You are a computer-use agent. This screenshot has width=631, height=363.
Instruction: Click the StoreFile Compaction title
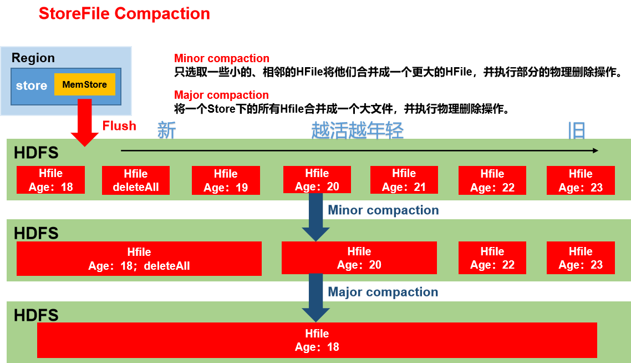pyautogui.click(x=124, y=14)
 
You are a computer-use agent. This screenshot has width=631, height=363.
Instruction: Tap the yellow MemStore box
pyautogui.click(x=84, y=84)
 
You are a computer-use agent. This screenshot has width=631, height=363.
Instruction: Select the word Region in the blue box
pyautogui.click(x=33, y=58)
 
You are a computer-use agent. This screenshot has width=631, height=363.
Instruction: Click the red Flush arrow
pyautogui.click(x=84, y=123)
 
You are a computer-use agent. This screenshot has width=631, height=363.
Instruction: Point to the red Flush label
pyautogui.click(x=119, y=125)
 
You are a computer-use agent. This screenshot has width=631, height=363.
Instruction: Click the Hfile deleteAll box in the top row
pyautogui.click(x=136, y=180)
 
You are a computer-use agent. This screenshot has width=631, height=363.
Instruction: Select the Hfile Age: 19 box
pyautogui.click(x=226, y=180)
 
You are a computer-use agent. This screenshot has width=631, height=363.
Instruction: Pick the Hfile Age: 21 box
pyautogui.click(x=404, y=180)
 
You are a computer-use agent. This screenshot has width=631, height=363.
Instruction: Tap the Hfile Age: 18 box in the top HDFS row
pyautogui.click(x=50, y=180)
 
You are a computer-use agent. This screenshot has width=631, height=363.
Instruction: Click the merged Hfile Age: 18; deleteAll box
pyautogui.click(x=139, y=259)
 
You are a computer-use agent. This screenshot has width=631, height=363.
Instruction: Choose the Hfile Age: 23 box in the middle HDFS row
pyautogui.click(x=581, y=258)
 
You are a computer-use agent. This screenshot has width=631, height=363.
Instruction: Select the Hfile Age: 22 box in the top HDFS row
pyautogui.click(x=492, y=180)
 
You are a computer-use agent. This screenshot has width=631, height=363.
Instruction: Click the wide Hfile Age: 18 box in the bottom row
pyautogui.click(x=317, y=340)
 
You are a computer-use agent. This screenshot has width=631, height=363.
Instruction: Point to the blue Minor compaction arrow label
pyautogui.click(x=383, y=210)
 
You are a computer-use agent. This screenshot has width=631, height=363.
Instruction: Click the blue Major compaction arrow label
pyautogui.click(x=383, y=292)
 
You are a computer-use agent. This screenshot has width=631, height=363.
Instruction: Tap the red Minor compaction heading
pyautogui.click(x=222, y=58)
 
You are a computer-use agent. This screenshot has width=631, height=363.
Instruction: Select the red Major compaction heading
pyautogui.click(x=221, y=95)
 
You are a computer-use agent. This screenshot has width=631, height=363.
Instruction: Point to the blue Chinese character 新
pyautogui.click(x=166, y=130)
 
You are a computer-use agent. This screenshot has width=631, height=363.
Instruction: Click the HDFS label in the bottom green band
pyautogui.click(x=36, y=315)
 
